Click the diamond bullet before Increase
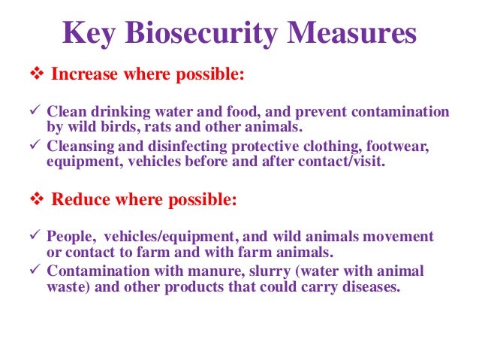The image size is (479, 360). pyautogui.click(x=35, y=77)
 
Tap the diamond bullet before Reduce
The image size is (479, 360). pyautogui.click(x=35, y=201)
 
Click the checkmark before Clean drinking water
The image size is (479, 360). pyautogui.click(x=34, y=112)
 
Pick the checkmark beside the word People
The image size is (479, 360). pyautogui.click(x=34, y=237)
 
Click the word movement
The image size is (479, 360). pyautogui.click(x=403, y=237)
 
